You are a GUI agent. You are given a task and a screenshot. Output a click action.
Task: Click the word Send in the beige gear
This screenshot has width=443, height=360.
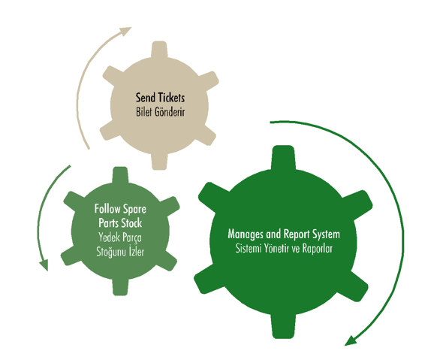pyautogui.click(x=145, y=98)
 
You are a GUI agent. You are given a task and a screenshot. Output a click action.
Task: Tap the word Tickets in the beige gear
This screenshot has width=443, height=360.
pyautogui.click(x=171, y=98)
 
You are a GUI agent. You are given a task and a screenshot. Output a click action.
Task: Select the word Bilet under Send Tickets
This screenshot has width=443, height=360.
pyautogui.click(x=144, y=112)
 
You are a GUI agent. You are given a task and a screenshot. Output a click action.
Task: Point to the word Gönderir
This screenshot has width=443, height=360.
pyautogui.click(x=170, y=112)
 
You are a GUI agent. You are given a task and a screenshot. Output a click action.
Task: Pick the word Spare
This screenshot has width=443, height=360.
pyautogui.click(x=134, y=210)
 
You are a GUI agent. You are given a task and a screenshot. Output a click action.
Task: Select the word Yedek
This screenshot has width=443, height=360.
pyautogui.click(x=109, y=237)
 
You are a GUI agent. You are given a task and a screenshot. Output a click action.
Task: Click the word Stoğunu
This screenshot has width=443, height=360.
pyautogui.click(x=111, y=252)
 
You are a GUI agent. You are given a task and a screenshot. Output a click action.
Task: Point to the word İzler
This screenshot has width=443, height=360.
pyautogui.click(x=137, y=252)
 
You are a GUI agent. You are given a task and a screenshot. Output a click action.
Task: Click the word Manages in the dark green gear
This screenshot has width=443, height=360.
pyautogui.click(x=246, y=234)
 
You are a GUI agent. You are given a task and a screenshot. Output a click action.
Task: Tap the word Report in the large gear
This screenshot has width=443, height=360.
pyautogui.click(x=296, y=234)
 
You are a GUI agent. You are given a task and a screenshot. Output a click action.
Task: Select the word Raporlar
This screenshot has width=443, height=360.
pyautogui.click(x=318, y=249)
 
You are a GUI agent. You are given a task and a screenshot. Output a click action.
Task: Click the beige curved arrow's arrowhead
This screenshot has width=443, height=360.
pyautogui.click(x=125, y=31)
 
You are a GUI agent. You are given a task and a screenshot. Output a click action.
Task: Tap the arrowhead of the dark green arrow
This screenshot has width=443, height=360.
pyautogui.click(x=351, y=340)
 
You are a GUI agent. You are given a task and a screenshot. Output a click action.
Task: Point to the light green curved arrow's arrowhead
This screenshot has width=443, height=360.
pyautogui.click(x=44, y=265)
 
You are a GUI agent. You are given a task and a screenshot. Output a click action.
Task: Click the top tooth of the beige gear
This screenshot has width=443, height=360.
pyautogui.click(x=159, y=50)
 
